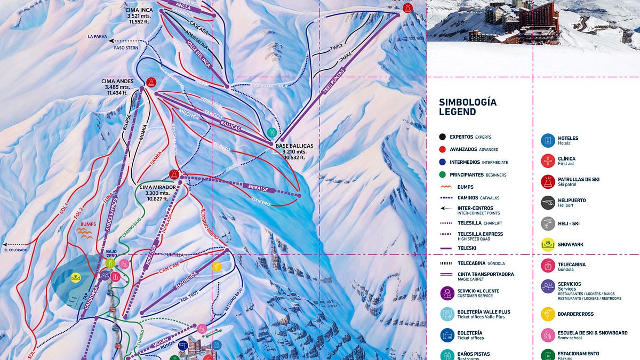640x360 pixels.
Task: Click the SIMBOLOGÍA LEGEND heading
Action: (467, 107)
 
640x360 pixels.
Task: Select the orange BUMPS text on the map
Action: (88, 225)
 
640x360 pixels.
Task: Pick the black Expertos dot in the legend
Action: (442, 137)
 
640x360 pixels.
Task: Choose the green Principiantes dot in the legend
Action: (442, 174)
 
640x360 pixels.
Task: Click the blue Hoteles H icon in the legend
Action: (548, 141)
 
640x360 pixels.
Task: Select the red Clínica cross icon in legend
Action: (548, 161)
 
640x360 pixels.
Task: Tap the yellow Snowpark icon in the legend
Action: (548, 244)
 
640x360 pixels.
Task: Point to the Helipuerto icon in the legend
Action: (548, 203)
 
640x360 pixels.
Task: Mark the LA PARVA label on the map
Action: (98, 37)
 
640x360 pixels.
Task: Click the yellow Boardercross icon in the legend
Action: (548, 314)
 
